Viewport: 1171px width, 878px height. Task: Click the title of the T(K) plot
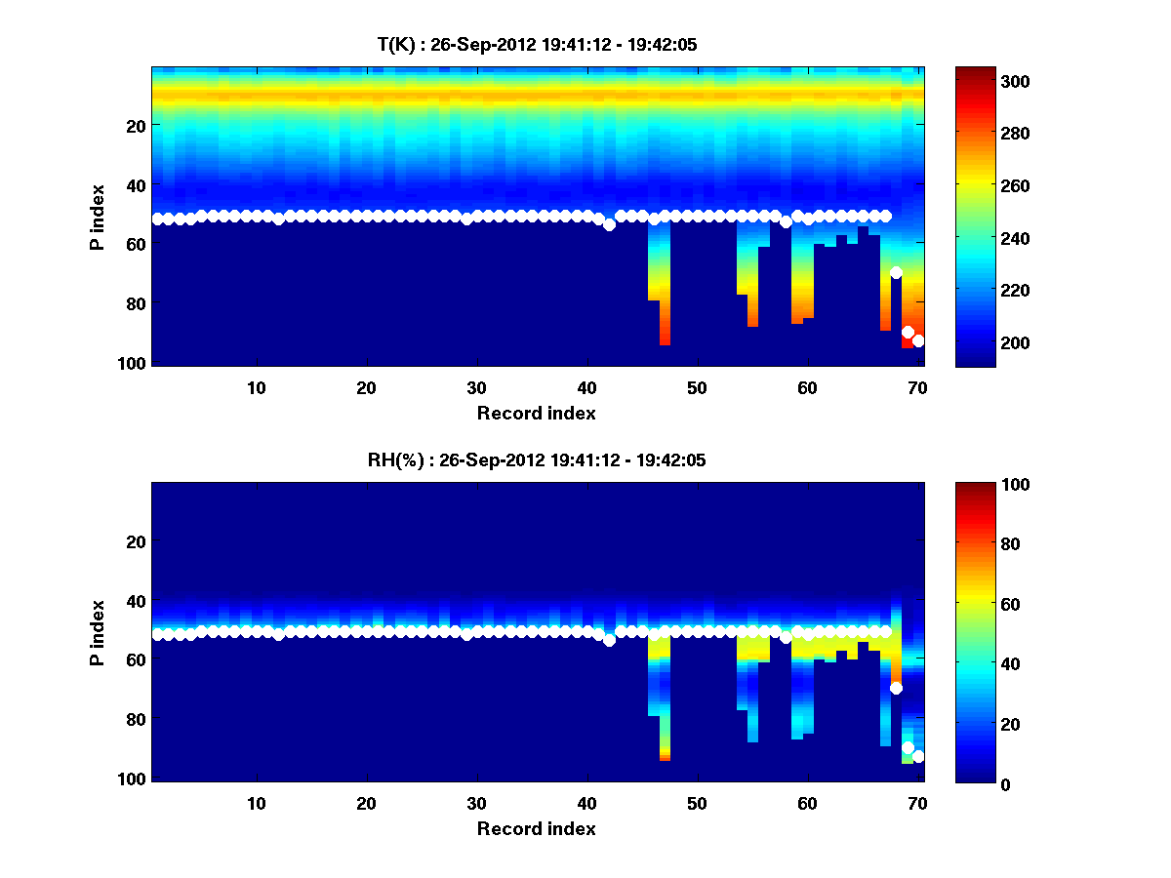point(537,45)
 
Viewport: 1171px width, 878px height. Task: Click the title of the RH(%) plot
point(537,460)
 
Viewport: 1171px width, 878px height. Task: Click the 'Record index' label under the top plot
point(537,413)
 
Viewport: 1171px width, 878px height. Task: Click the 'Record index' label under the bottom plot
point(537,828)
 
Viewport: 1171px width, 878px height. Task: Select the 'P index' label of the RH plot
point(98,632)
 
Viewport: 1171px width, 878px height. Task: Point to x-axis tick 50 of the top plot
point(697,387)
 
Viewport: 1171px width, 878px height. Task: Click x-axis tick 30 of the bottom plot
point(476,803)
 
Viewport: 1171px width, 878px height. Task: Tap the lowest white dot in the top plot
point(918,340)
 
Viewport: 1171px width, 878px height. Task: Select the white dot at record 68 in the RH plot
point(896,688)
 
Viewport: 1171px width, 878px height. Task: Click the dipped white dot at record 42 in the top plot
point(609,224)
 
